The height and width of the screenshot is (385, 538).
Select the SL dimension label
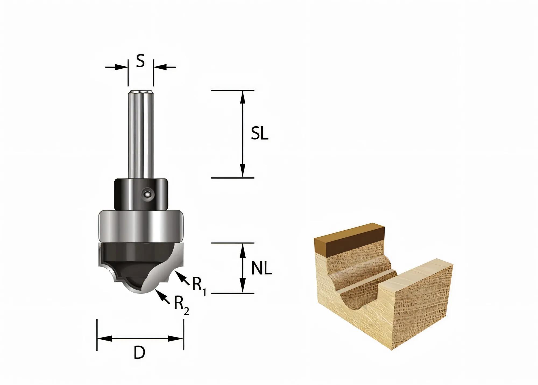click(x=260, y=133)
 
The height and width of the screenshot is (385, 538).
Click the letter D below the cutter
click(x=139, y=353)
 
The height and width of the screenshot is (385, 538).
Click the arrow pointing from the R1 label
click(x=182, y=278)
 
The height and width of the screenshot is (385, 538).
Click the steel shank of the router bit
click(x=141, y=135)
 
